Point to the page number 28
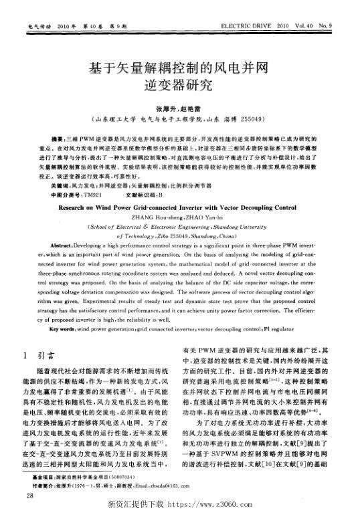click(28, 496)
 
